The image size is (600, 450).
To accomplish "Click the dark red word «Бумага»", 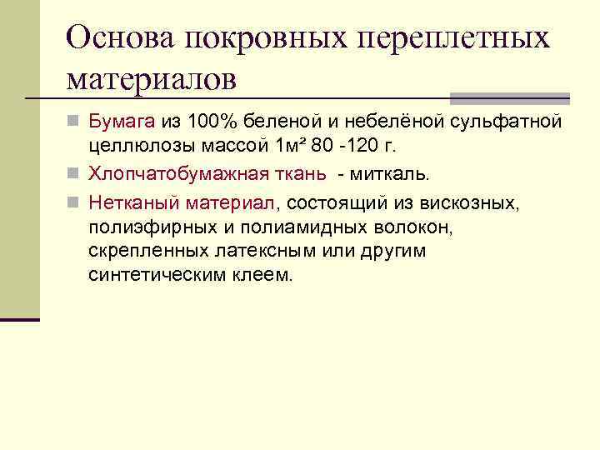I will click(x=122, y=123).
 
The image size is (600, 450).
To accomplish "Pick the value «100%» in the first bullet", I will click(x=210, y=123).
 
